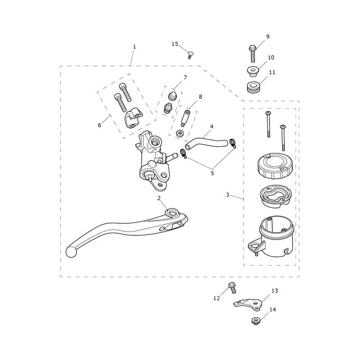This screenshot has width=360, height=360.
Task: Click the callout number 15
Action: [175, 44]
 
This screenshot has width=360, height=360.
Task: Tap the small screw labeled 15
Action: [189, 55]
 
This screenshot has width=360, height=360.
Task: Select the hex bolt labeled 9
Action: [252, 54]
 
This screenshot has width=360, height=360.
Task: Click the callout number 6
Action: [99, 125]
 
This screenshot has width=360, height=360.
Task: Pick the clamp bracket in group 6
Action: [134, 119]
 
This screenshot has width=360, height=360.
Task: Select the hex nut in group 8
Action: [179, 133]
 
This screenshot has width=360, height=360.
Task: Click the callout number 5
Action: [212, 173]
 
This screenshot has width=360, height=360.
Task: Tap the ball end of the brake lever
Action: [71, 252]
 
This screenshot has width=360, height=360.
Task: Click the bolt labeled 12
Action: [232, 288]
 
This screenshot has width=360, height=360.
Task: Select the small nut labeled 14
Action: [255, 321]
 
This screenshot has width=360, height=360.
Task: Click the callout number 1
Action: [134, 47]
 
